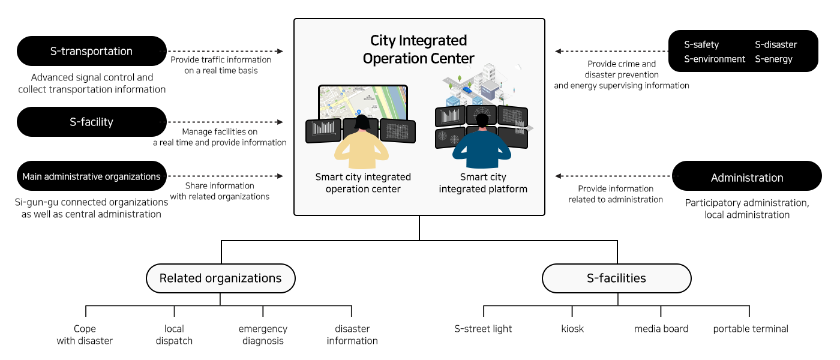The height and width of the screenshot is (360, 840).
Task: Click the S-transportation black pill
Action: [91, 51]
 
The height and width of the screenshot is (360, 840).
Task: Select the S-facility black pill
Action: [91, 122]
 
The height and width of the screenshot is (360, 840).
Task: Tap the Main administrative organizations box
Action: [91, 176]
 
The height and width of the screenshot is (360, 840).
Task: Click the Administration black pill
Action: [747, 178]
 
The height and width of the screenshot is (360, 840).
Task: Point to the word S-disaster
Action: [776, 44]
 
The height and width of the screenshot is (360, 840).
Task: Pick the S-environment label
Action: [715, 59]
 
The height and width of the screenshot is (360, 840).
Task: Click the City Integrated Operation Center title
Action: [419, 49]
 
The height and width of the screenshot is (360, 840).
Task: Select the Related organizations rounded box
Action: [221, 278]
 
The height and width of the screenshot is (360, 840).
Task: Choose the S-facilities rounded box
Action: [616, 278]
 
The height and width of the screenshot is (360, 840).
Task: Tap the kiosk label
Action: [572, 329]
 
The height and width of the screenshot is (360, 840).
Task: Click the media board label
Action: [661, 329]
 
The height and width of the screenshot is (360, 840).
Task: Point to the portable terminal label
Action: [751, 329]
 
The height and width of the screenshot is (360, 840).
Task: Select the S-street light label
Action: [484, 329]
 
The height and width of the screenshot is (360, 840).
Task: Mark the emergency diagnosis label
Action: [263, 335]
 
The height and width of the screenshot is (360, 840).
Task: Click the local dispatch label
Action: [174, 335]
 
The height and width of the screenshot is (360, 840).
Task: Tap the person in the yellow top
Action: [362, 147]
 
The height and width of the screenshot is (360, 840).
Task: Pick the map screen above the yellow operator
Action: [363, 101]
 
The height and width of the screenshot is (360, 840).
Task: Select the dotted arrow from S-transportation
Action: [225, 52]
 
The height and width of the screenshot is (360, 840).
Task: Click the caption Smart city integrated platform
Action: [483, 183]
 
